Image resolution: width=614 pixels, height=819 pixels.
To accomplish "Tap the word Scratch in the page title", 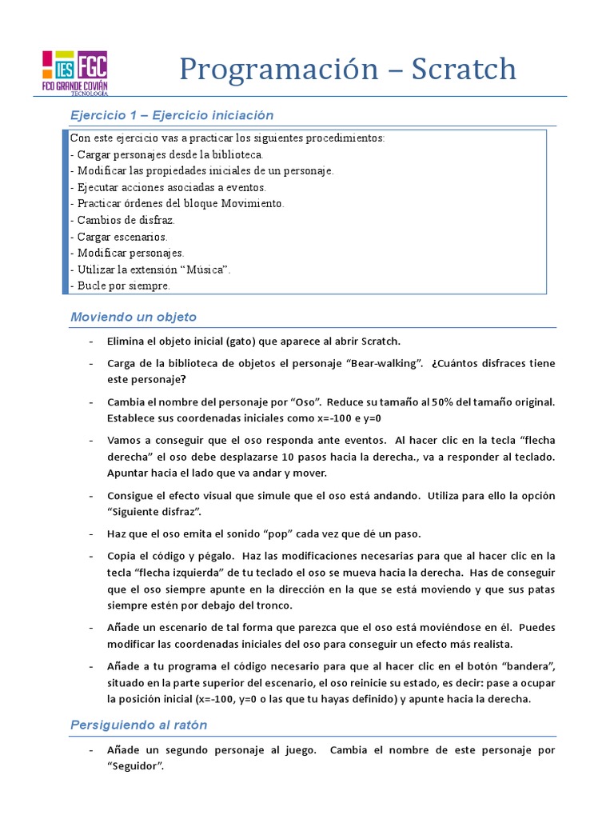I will point(464,70).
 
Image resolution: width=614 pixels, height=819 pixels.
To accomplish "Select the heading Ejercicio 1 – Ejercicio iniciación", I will point(172,115).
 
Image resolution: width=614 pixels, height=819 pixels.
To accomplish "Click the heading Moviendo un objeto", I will point(134,317).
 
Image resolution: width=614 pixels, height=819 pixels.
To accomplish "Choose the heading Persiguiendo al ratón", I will point(138,725).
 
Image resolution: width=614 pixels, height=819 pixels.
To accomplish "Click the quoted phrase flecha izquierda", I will point(181,573).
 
